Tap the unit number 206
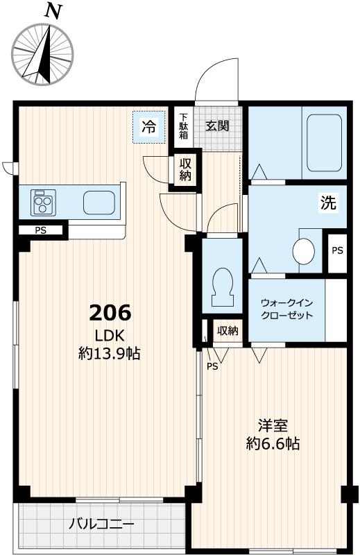(x=110, y=313)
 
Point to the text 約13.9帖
(x=110, y=354)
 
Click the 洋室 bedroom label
(x=273, y=425)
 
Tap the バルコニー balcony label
(x=101, y=524)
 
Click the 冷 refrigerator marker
(x=149, y=126)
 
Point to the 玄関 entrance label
(x=218, y=126)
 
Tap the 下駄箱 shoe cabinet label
(x=184, y=126)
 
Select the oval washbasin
(x=304, y=251)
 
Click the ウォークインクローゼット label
(x=286, y=309)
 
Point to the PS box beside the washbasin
(x=336, y=250)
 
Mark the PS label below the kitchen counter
(x=42, y=230)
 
